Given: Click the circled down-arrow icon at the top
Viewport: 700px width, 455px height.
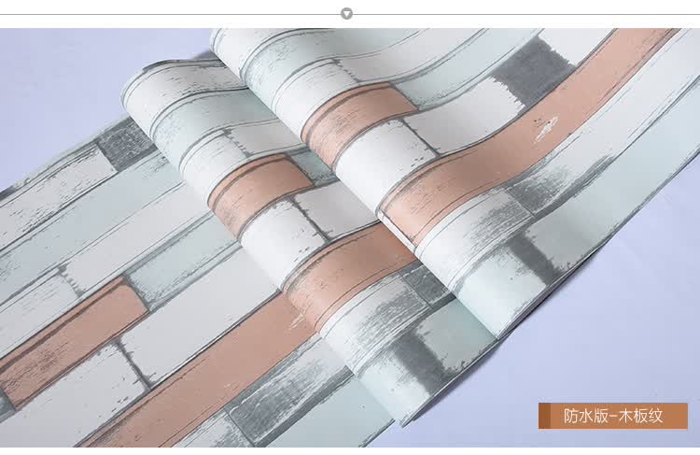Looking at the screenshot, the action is coord(346,14).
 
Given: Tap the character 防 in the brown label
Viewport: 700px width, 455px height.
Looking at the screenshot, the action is coord(570,416).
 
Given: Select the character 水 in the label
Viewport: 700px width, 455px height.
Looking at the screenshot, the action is coord(587,416).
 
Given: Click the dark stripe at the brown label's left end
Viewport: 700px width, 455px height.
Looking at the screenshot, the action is coord(540,416).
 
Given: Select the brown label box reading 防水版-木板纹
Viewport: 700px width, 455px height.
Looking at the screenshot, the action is coord(613,416).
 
